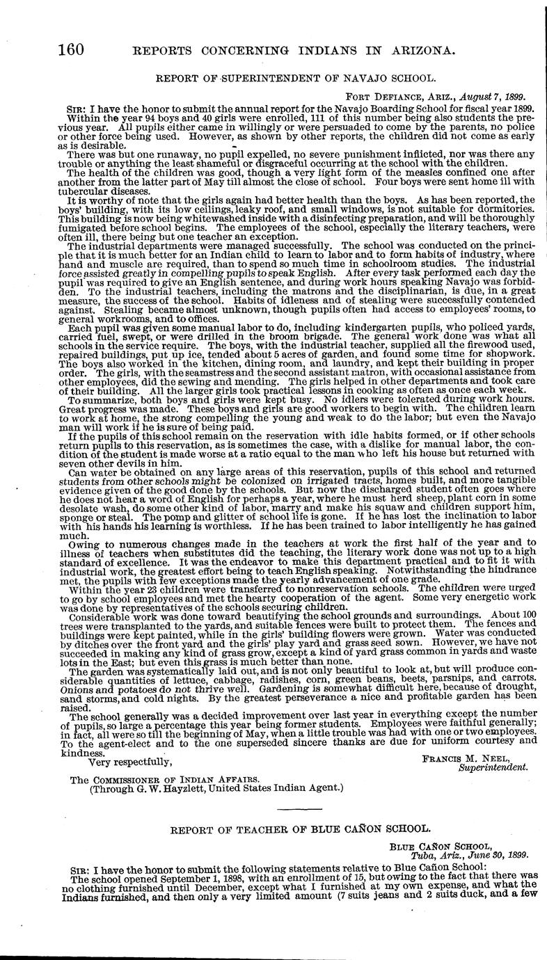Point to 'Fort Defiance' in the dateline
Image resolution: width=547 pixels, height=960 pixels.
[383, 97]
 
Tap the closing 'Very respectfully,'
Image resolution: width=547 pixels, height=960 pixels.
[130, 762]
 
